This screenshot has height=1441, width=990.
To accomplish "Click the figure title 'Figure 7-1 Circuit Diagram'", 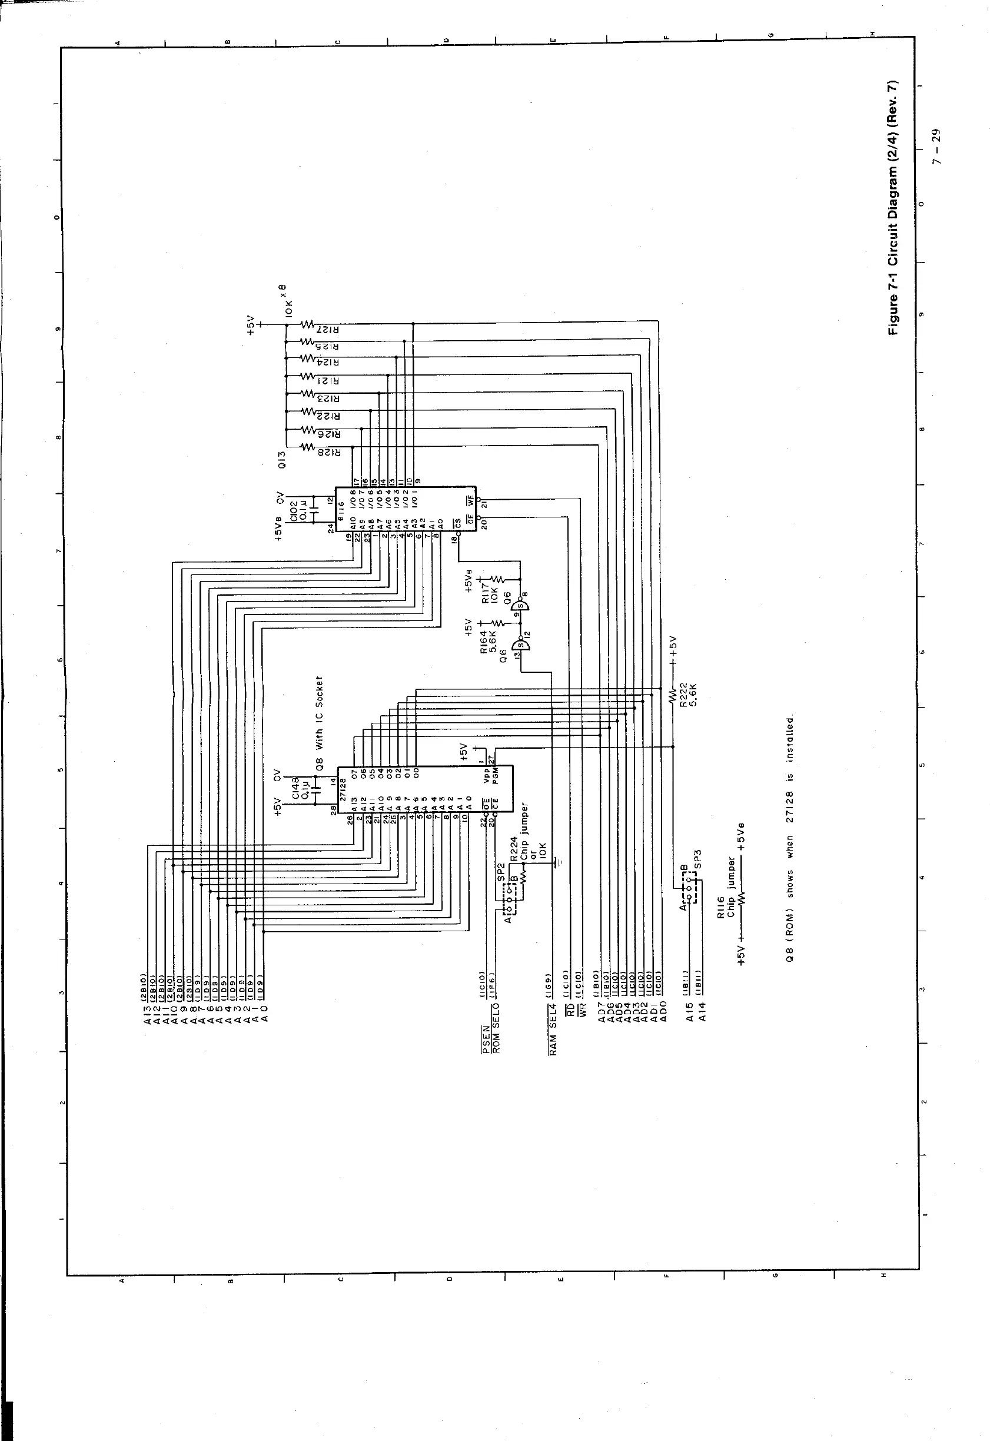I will [x=893, y=208].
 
